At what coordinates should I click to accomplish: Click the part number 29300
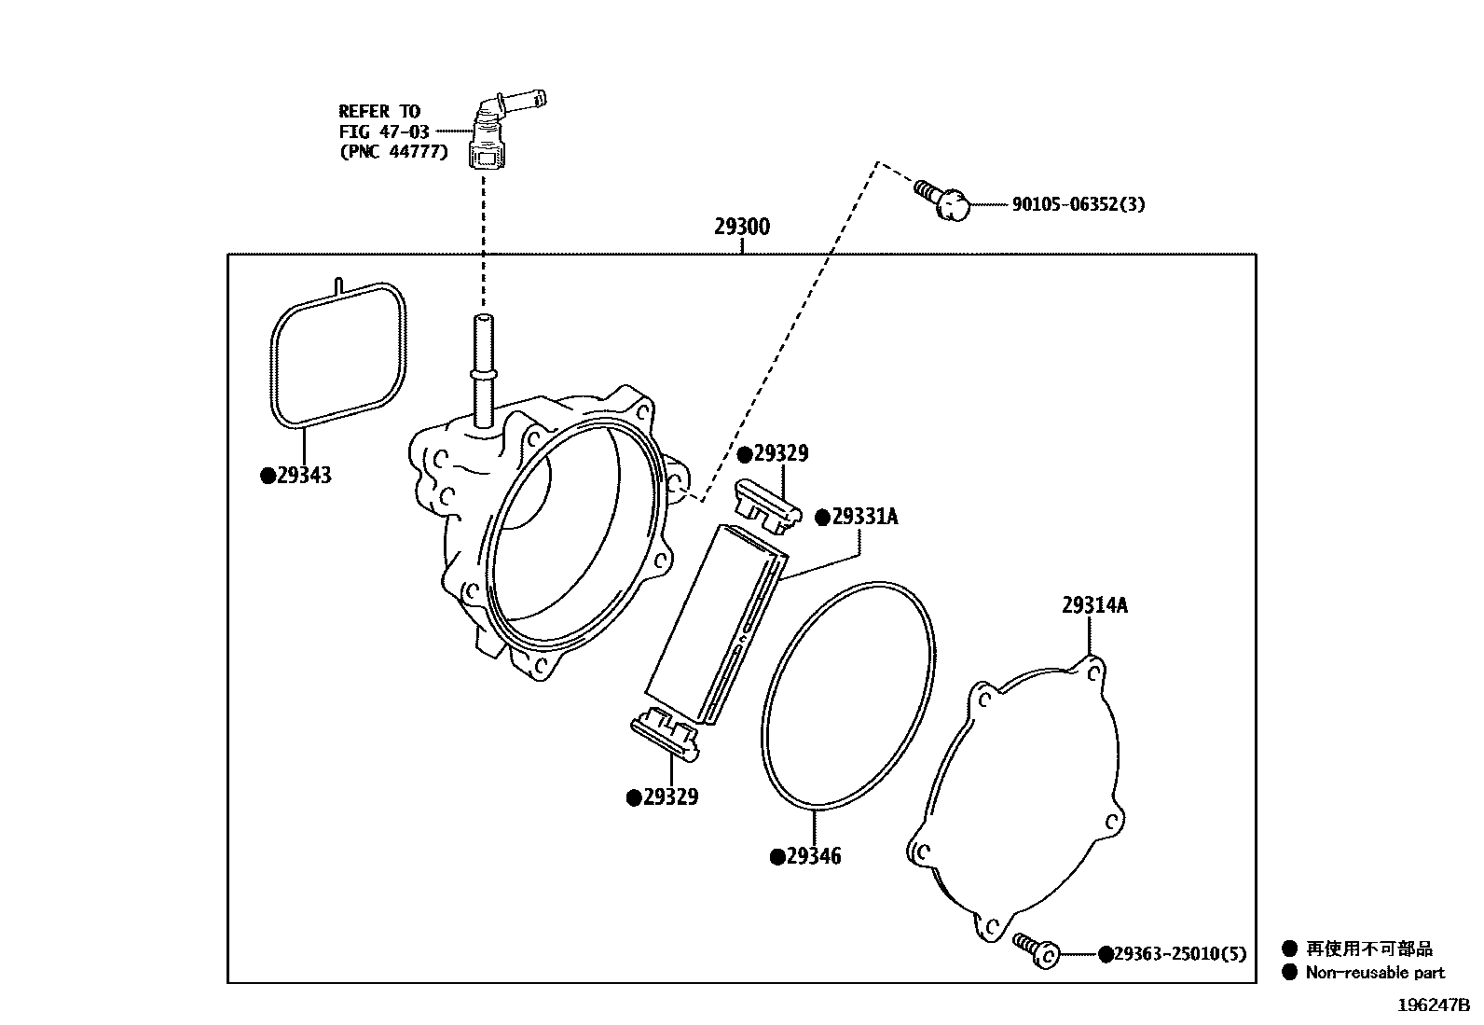click(742, 227)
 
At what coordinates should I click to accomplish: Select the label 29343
click(304, 476)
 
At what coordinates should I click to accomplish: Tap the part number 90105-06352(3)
click(1078, 204)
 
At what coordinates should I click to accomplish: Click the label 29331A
click(864, 517)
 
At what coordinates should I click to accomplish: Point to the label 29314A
click(1093, 605)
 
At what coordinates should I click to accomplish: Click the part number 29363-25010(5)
click(1179, 954)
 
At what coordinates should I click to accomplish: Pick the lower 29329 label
click(670, 797)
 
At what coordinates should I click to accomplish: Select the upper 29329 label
click(780, 454)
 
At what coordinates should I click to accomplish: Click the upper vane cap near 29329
click(768, 505)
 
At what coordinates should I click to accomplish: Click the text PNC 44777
click(392, 151)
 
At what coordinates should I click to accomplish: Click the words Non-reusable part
click(1374, 973)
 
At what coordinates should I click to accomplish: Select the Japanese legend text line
click(1368, 949)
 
